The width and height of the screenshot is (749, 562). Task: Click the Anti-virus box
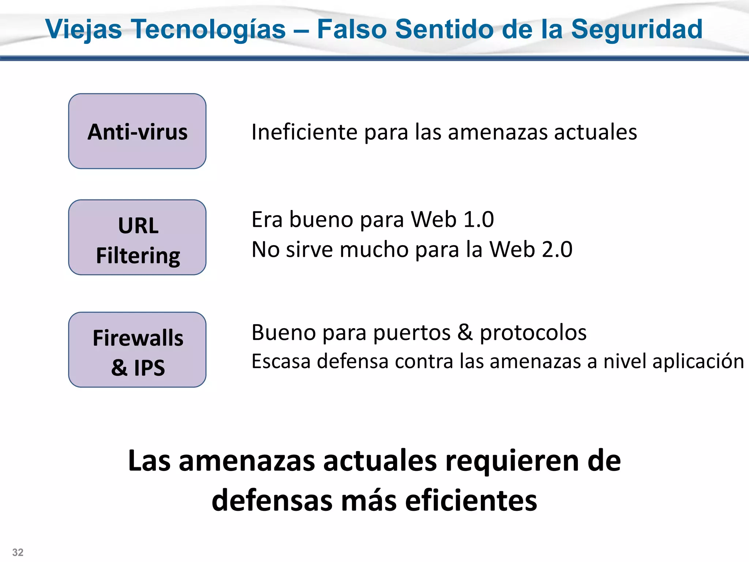pyautogui.click(x=137, y=131)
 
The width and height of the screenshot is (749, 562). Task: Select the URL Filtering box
pyautogui.click(x=137, y=237)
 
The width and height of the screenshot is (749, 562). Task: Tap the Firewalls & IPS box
pyautogui.click(x=137, y=350)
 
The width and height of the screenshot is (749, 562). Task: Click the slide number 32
pyautogui.click(x=18, y=552)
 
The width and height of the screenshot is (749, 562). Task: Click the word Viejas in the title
pyautogui.click(x=83, y=29)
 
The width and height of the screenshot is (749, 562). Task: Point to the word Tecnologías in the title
pyautogui.click(x=208, y=29)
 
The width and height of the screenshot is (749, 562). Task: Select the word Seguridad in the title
pyautogui.click(x=637, y=29)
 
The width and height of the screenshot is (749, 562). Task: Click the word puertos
pyautogui.click(x=412, y=333)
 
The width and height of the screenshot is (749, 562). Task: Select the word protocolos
pyautogui.click(x=533, y=333)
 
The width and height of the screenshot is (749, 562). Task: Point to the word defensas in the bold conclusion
pyautogui.click(x=272, y=501)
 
